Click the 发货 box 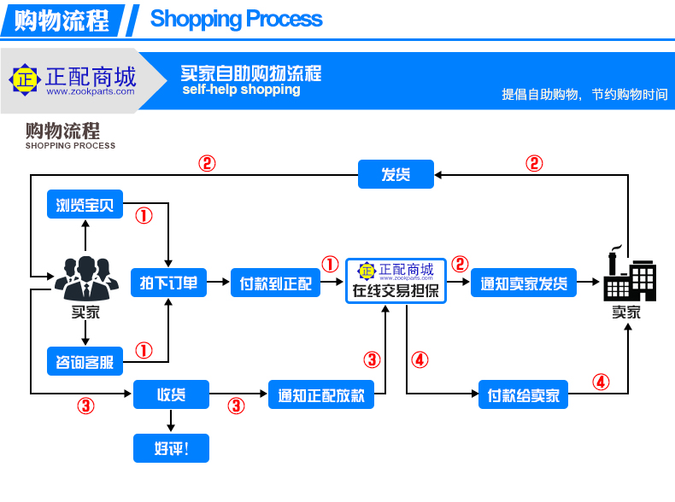[396, 174]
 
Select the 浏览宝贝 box [85, 204]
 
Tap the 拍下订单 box [169, 283]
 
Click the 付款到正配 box [275, 283]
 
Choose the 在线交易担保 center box [396, 281]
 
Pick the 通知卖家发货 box [524, 283]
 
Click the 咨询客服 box [85, 361]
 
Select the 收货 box [172, 394]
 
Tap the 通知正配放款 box [321, 394]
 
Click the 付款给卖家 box [523, 394]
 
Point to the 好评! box [172, 448]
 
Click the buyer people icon [86, 278]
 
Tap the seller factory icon [630, 273]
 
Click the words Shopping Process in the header [237, 19]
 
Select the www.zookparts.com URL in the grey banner [91, 91]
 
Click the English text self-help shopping [241, 90]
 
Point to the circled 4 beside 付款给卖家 [601, 382]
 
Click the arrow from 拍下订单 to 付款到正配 [218, 283]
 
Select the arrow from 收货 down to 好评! [171, 421]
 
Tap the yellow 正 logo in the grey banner [25, 79]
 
